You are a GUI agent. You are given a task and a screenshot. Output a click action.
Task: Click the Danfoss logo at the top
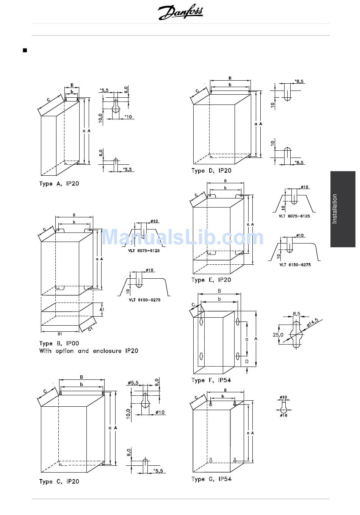click(180, 13)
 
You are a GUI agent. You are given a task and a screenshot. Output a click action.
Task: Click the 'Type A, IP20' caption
click(59, 184)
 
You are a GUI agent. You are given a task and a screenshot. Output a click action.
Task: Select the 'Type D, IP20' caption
click(211, 171)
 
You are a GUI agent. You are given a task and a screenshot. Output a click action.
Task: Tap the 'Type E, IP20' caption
click(211, 280)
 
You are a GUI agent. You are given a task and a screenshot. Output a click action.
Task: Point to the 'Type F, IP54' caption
click(211, 380)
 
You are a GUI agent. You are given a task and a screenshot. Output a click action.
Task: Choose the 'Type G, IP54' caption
click(211, 479)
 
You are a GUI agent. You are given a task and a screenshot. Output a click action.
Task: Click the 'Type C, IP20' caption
click(59, 482)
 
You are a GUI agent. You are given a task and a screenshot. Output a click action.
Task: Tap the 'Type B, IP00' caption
click(59, 343)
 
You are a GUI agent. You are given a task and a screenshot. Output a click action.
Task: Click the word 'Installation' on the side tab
click(335, 209)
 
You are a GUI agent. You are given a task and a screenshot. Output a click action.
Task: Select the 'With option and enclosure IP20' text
click(89, 351)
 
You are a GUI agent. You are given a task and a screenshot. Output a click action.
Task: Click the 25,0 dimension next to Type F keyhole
click(278, 335)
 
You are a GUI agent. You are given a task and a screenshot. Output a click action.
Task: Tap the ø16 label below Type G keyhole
click(283, 415)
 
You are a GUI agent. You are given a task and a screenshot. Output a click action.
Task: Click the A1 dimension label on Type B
click(102, 309)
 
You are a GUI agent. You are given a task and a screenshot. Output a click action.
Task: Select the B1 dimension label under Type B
click(60, 334)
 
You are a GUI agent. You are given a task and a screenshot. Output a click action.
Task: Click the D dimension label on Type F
click(246, 362)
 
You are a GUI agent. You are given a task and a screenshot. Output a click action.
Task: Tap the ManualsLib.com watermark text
click(182, 237)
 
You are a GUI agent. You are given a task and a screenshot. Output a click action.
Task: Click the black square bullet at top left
click(25, 50)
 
